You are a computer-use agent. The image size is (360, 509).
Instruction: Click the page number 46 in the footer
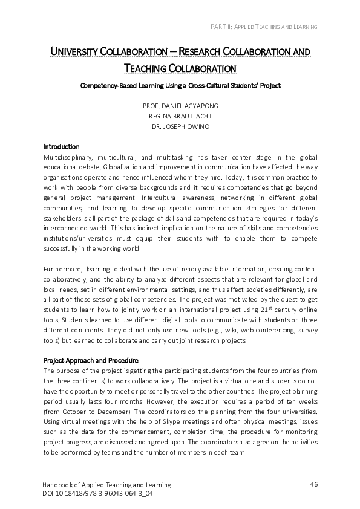313,484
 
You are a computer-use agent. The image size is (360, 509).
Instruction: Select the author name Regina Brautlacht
180,115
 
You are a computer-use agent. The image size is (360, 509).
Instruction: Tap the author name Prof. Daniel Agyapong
180,105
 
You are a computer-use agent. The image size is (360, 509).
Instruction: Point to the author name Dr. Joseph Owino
180,126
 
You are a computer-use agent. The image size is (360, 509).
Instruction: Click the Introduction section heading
61,146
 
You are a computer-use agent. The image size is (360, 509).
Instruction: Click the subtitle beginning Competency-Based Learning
180,86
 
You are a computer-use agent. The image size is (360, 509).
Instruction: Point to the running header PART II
263,27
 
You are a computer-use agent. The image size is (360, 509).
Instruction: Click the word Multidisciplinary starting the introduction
67,157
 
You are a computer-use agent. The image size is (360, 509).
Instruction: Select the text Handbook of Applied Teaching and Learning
107,485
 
